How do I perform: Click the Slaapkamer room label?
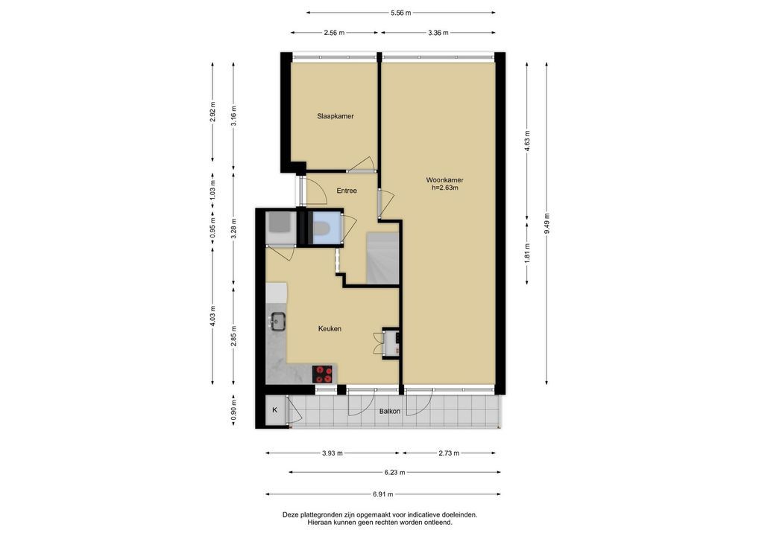pos(336,116)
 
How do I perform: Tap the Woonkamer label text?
pos(445,180)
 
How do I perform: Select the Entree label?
pos(347,191)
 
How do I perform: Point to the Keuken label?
pos(330,328)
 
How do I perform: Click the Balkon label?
pos(390,411)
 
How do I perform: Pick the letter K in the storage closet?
pos(275,410)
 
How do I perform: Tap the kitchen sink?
pos(278,321)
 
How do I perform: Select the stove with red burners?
pos(324,374)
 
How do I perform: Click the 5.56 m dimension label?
pos(401,13)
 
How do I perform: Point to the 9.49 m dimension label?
pos(547,223)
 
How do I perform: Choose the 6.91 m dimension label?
pos(383,494)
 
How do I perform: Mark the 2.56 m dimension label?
pos(334,33)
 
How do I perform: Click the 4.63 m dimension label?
pos(527,141)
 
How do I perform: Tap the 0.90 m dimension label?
pos(233,410)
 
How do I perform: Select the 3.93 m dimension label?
pos(332,453)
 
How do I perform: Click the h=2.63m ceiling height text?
pos(445,188)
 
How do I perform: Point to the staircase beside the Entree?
pos(382,258)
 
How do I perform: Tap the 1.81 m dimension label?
pos(527,253)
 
